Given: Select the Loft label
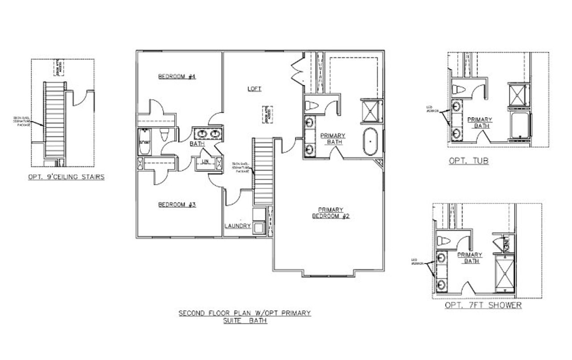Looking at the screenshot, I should (x=254, y=89).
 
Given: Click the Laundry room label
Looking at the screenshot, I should (x=237, y=226).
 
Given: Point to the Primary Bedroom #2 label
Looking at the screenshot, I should (x=330, y=213).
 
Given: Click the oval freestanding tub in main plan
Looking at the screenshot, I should (x=370, y=142).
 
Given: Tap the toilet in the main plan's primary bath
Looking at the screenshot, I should (x=312, y=106).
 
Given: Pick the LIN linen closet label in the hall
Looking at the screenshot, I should (x=206, y=161).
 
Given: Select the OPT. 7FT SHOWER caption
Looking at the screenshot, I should (x=483, y=305).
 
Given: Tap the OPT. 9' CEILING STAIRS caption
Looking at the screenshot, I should (x=66, y=177).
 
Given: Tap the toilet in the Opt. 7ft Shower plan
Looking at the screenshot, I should (x=444, y=241).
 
